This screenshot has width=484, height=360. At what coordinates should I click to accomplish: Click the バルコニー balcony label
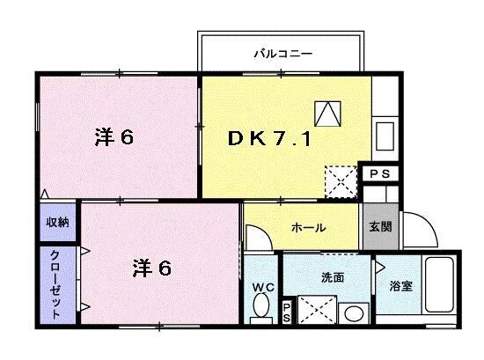tap(282, 54)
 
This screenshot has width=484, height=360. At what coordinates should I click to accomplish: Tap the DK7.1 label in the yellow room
tap(269, 138)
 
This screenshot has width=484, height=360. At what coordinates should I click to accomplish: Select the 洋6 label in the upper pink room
tap(114, 137)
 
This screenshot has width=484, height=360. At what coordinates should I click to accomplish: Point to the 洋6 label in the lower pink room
tap(151, 268)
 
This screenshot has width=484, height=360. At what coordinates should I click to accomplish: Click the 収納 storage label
tap(58, 222)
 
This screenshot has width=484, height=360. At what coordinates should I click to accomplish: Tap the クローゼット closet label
tap(55, 284)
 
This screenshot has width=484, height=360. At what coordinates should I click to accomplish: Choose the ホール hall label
tap(308, 228)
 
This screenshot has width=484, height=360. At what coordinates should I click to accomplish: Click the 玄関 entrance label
tap(380, 226)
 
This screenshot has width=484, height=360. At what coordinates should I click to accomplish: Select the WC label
tap(263, 288)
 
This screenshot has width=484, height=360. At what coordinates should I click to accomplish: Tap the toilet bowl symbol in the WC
tap(261, 305)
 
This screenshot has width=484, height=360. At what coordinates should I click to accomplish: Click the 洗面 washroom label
tap(333, 277)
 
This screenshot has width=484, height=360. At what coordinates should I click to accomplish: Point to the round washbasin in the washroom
tap(354, 314)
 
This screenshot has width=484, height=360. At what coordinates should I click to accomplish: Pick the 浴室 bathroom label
tap(400, 286)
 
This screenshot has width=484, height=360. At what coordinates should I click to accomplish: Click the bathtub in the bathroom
tap(439, 284)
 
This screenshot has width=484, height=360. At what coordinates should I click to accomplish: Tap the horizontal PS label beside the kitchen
tap(380, 173)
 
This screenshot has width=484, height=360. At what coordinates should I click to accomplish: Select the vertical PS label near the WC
tap(287, 312)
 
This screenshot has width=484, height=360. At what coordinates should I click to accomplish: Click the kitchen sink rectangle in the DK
tap(385, 136)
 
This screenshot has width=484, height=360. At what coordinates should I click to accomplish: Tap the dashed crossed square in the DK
tap(341, 182)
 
